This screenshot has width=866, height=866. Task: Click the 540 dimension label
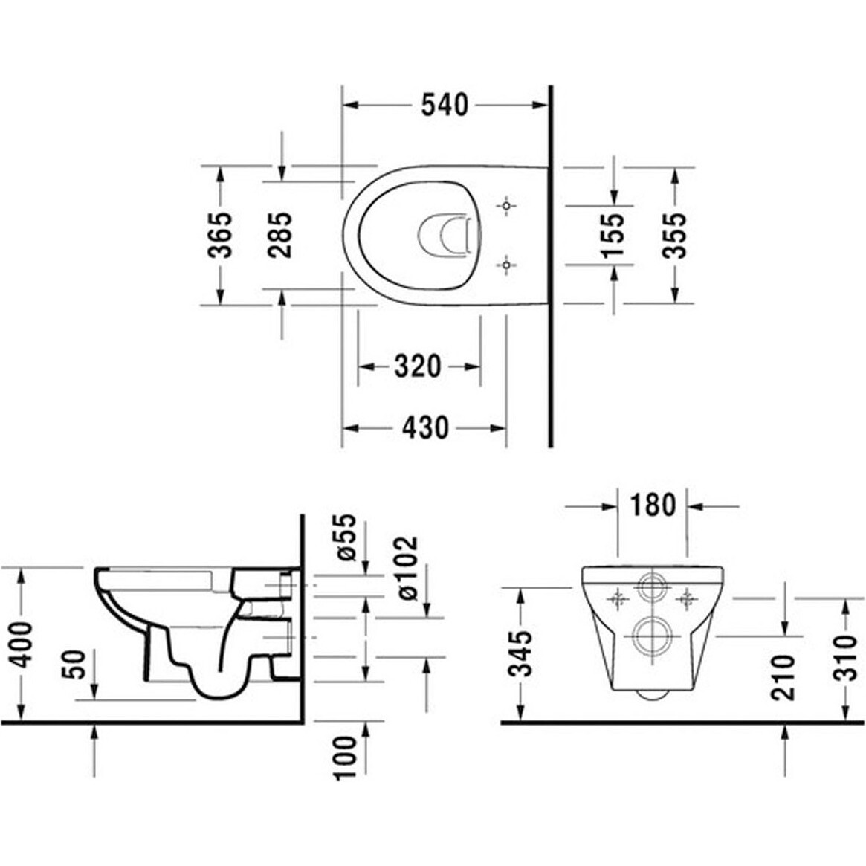coord(445,105)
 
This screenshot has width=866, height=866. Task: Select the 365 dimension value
coord(220,235)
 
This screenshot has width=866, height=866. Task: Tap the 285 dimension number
coord(279,235)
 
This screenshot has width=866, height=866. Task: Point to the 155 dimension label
coord(613,235)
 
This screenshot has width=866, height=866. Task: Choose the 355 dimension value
coord(674,235)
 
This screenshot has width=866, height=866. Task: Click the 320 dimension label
coord(418,366)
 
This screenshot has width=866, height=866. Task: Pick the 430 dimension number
coord(425,427)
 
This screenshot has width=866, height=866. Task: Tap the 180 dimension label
coord(652,505)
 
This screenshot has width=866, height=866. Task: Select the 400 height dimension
coord(23,644)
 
